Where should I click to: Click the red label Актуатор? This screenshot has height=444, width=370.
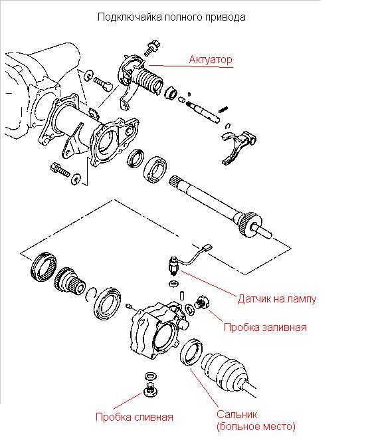[x=211, y=60]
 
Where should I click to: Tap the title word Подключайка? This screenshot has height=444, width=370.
[x=130, y=17]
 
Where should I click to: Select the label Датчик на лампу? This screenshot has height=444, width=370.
[x=276, y=299]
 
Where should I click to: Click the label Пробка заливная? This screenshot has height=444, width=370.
[x=265, y=327]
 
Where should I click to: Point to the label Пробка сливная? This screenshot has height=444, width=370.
[x=134, y=417]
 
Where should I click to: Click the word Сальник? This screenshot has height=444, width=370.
[x=236, y=414]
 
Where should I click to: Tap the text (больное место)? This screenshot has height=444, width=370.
[x=256, y=427]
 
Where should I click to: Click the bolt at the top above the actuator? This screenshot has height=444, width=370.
[x=152, y=48]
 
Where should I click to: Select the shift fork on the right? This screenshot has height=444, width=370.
[x=238, y=148]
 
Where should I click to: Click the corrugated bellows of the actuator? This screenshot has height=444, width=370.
[x=147, y=80]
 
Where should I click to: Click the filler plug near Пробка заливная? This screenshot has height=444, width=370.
[x=202, y=302]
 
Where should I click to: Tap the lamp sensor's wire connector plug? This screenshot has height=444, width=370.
[x=208, y=247]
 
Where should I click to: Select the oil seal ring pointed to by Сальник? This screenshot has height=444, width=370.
[x=191, y=352]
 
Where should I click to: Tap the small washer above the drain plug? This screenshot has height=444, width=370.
[x=151, y=376]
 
